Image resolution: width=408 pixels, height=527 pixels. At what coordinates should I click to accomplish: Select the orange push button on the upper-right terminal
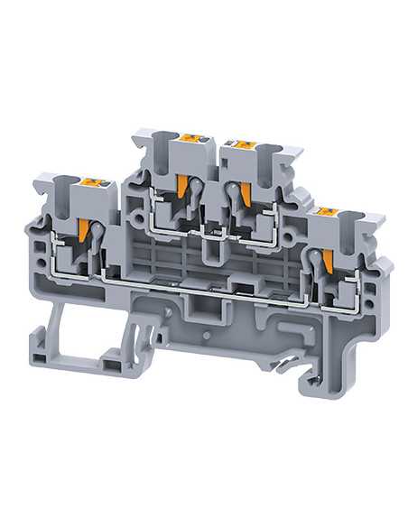[x=244, y=141]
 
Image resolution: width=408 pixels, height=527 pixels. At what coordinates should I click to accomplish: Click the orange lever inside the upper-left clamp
[x=186, y=188]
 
